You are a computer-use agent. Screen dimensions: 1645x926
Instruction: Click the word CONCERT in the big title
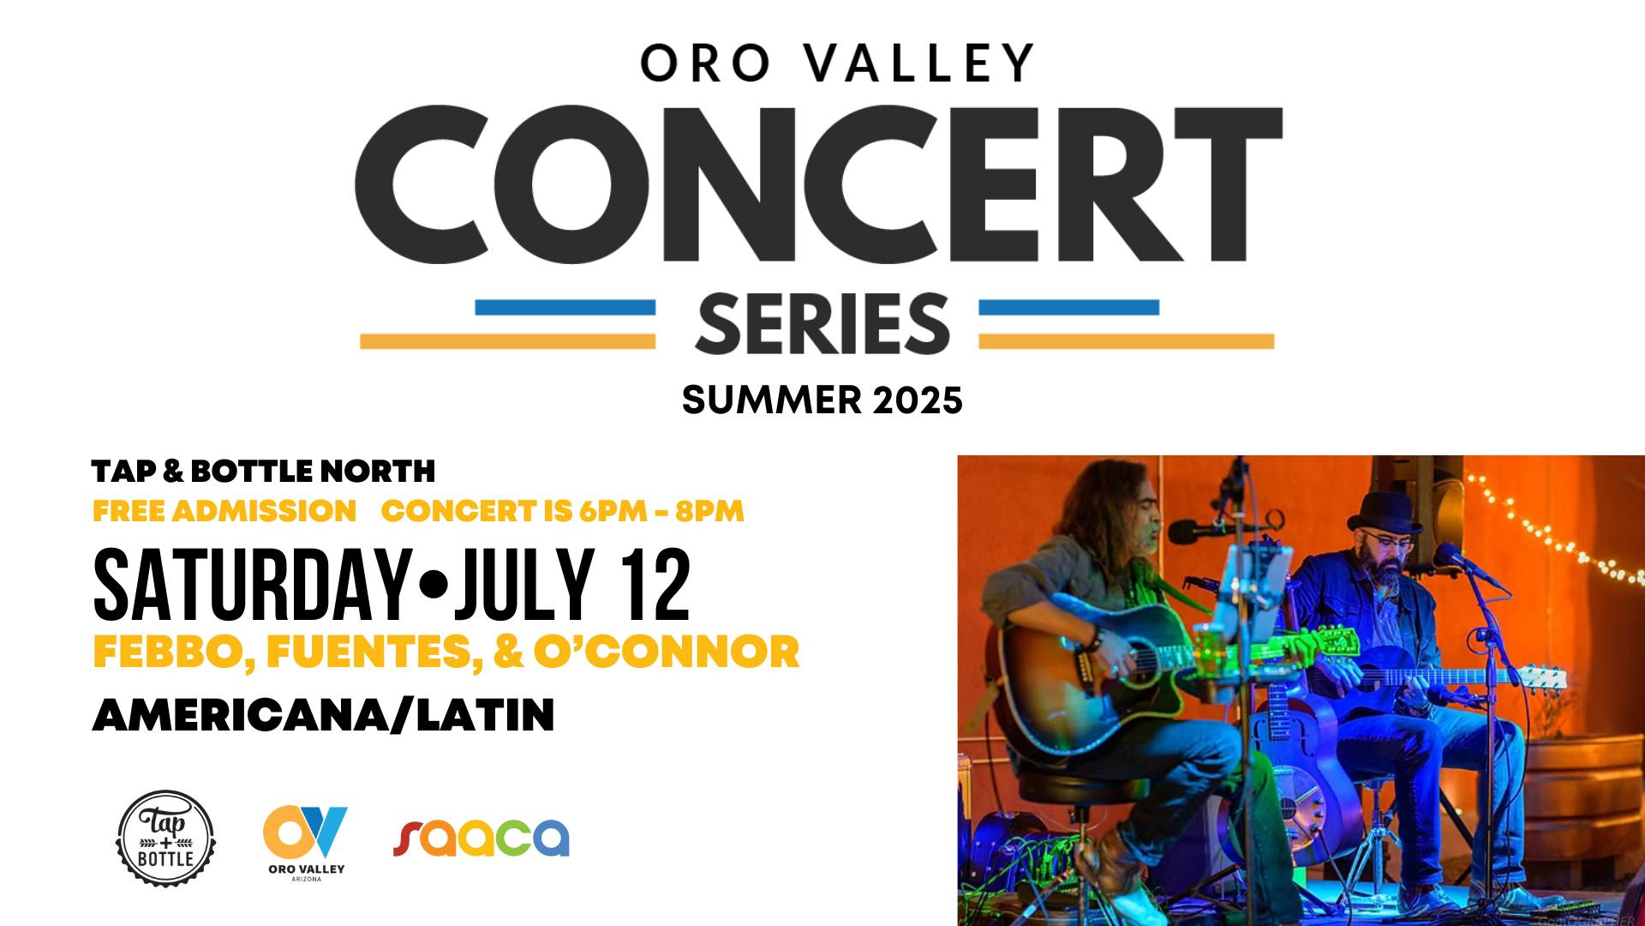(x=818, y=185)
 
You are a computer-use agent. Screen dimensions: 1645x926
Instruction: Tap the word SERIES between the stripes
(x=822, y=323)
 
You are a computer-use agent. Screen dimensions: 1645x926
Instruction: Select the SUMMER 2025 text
(x=822, y=400)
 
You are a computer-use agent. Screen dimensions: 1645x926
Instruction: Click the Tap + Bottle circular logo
(x=165, y=838)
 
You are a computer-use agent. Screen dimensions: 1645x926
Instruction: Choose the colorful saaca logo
(x=481, y=838)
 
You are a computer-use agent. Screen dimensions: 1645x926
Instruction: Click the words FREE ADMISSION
(x=224, y=511)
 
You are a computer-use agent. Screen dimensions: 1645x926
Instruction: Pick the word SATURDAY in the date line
(x=251, y=586)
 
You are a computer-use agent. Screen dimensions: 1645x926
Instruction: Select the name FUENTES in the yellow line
(x=369, y=652)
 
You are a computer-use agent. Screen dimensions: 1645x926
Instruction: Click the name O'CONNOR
(x=667, y=652)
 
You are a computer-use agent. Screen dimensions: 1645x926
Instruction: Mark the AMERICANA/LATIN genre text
(x=323, y=715)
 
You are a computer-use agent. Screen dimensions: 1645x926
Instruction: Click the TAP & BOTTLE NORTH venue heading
(x=264, y=471)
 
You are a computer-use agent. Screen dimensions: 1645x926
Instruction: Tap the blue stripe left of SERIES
(x=565, y=307)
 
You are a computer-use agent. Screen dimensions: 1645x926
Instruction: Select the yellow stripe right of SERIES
(x=1127, y=341)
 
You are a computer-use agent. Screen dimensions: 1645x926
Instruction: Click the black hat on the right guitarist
(x=1378, y=511)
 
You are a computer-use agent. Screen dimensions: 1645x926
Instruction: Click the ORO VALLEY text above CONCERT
(x=837, y=63)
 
